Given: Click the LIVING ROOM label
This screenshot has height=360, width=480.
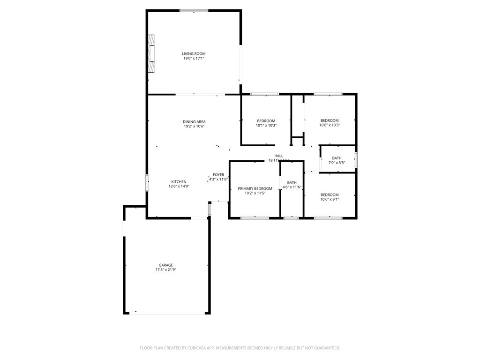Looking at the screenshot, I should [194, 54].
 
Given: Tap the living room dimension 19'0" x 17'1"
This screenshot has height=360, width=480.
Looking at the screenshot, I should [194, 59].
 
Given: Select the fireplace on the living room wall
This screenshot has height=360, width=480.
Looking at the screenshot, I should [151, 53].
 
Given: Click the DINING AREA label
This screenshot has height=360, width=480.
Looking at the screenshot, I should [194, 122].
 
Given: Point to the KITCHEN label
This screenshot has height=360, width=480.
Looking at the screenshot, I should [179, 182].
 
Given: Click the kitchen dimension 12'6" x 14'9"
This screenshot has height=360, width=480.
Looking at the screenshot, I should [179, 187].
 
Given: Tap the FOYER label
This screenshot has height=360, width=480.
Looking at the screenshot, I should [218, 175].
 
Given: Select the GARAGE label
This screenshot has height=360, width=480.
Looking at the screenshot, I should [165, 265].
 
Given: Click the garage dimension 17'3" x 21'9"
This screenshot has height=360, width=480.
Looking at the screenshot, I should [165, 270].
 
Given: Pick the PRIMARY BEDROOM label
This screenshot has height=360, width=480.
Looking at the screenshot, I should [255, 188].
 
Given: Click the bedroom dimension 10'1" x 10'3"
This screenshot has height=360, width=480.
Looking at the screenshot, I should [266, 126].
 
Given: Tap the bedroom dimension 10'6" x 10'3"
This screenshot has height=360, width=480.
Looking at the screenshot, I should [329, 125].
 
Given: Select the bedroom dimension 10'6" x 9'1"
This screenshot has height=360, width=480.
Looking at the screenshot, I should [329, 200].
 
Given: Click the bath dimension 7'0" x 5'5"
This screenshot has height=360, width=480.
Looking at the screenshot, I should [337, 163].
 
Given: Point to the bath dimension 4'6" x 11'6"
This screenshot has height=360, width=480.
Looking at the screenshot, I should [292, 187].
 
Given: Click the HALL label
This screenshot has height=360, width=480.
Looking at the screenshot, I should [279, 156].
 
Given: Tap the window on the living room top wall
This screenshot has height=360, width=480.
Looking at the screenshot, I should [194, 10].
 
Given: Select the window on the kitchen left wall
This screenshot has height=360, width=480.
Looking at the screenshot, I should [147, 182].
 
